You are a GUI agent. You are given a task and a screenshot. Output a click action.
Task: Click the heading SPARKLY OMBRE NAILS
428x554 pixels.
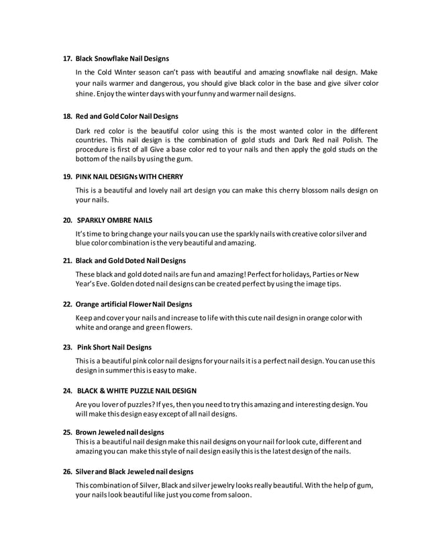[x=115, y=219]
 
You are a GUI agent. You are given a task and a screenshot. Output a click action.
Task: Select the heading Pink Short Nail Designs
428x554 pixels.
[x=114, y=347]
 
